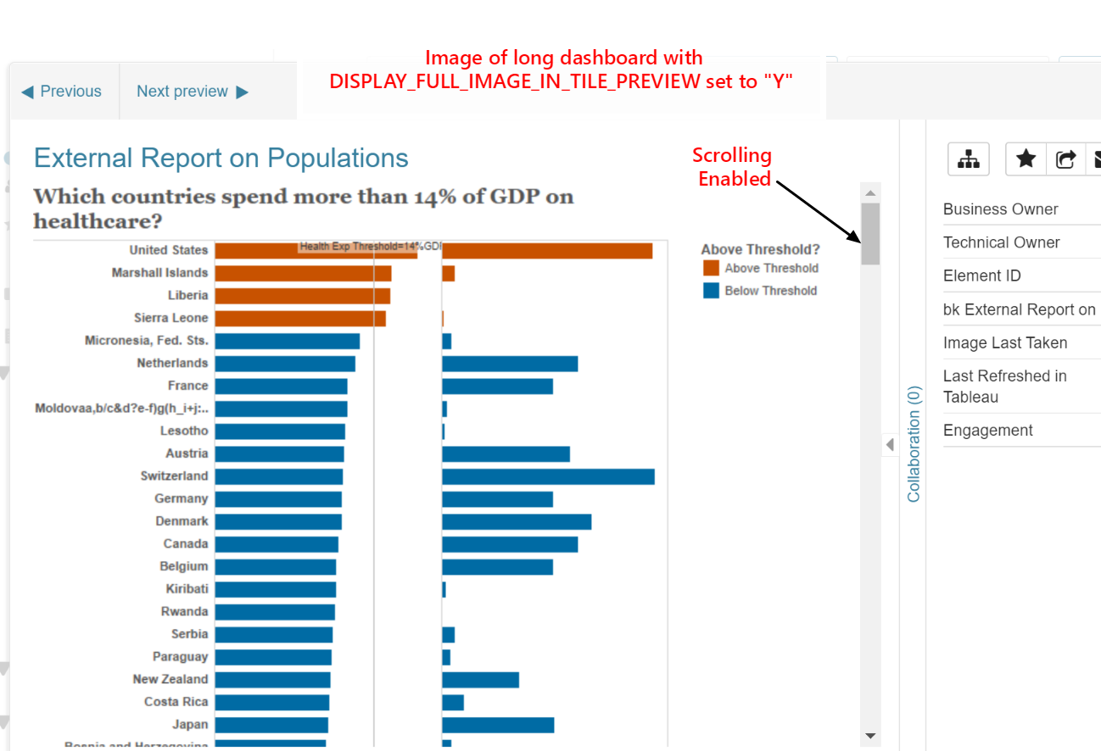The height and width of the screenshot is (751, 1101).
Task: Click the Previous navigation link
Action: tap(61, 92)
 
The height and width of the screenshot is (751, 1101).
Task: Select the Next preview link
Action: tap(193, 92)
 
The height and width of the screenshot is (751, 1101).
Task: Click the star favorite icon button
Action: tap(1026, 159)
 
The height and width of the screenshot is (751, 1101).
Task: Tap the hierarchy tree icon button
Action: tap(968, 159)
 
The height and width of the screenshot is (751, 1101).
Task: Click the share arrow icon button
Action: tap(1066, 159)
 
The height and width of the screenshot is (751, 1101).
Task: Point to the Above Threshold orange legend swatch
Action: tap(711, 268)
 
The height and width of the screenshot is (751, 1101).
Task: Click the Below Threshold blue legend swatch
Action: tap(711, 290)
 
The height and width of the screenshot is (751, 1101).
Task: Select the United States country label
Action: tap(168, 250)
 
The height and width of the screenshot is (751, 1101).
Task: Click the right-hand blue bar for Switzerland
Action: tap(548, 476)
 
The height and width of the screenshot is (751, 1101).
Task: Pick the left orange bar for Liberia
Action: tap(302, 296)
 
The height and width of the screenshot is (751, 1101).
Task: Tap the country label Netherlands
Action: tap(172, 363)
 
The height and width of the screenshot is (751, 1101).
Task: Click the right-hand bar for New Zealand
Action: tap(480, 680)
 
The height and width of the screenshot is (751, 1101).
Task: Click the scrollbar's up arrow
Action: tap(870, 193)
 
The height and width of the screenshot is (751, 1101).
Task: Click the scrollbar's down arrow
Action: tap(870, 736)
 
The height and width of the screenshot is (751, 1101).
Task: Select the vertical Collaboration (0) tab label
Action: tap(914, 444)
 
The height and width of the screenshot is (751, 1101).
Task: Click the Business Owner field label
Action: tap(1001, 209)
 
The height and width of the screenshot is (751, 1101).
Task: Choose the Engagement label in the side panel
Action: tap(988, 431)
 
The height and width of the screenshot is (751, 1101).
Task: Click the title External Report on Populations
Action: tap(221, 159)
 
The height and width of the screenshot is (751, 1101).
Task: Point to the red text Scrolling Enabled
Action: tap(732, 167)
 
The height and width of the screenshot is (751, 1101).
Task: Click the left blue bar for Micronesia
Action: tap(287, 341)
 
